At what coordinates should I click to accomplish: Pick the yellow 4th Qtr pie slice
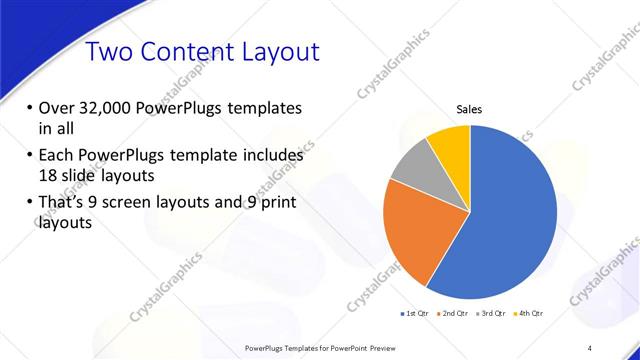pos(451,144)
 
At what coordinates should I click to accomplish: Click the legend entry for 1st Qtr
pos(415,314)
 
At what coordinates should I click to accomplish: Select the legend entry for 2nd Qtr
pos(453,314)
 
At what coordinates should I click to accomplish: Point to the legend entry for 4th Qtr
pos(528,314)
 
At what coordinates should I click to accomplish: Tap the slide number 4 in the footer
pos(590,348)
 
